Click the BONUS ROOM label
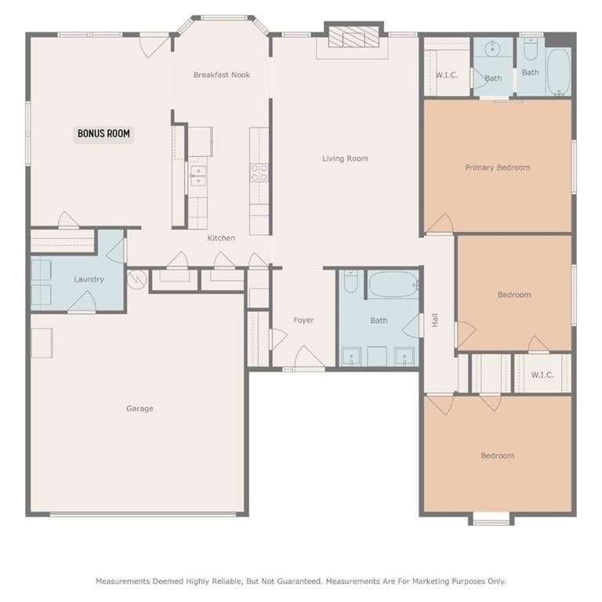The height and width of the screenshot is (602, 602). (103, 133)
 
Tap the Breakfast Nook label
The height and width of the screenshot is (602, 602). (222, 75)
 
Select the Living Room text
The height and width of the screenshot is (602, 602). (345, 158)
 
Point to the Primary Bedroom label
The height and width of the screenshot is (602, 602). (498, 168)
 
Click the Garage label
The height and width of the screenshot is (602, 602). (140, 408)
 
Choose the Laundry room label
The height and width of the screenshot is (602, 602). (89, 279)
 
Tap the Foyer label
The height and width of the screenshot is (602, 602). (303, 320)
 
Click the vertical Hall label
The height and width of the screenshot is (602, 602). (435, 320)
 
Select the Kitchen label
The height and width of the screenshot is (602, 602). (221, 238)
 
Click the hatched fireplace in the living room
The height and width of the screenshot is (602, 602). (354, 37)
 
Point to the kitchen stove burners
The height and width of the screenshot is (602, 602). (259, 172)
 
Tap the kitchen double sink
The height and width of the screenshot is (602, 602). (198, 176)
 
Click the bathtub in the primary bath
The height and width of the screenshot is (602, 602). (559, 72)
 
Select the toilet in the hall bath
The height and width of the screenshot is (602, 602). (351, 282)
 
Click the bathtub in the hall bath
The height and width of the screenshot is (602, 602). (393, 284)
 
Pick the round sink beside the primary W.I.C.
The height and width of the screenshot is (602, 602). (492, 49)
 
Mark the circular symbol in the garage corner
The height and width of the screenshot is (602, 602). (136, 279)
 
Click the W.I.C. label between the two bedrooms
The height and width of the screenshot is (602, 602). (542, 375)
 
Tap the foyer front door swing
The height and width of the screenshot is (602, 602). (308, 357)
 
